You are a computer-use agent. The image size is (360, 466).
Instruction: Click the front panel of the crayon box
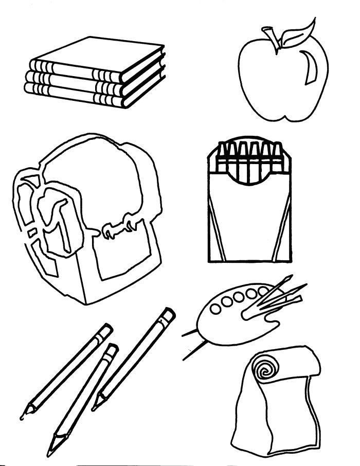pyautogui.click(x=247, y=221)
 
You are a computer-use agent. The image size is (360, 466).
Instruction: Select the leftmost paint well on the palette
pyautogui.click(x=217, y=309)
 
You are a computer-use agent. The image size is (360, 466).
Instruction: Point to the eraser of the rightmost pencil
pyautogui.click(x=168, y=315)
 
